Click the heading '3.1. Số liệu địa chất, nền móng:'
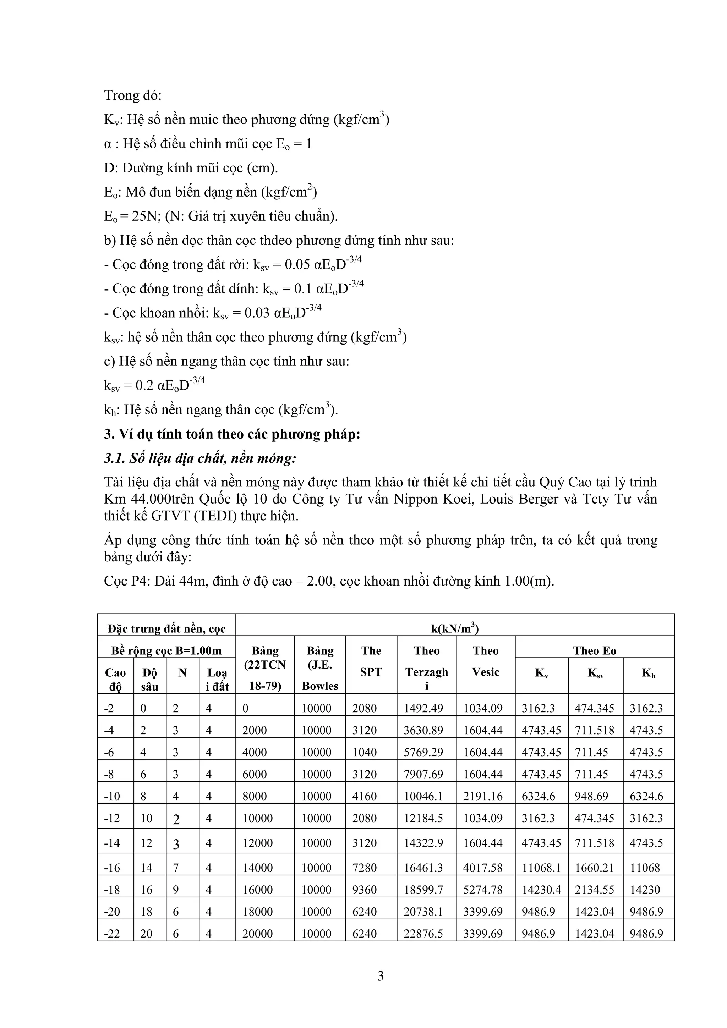tap(200, 458)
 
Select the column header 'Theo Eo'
tap(594, 650)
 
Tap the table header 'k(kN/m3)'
tap(455, 629)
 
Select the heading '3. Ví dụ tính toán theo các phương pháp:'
tap(232, 434)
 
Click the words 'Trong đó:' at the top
tap(133, 95)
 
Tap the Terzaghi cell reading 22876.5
tap(423, 934)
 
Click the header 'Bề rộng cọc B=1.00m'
tap(166, 650)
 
